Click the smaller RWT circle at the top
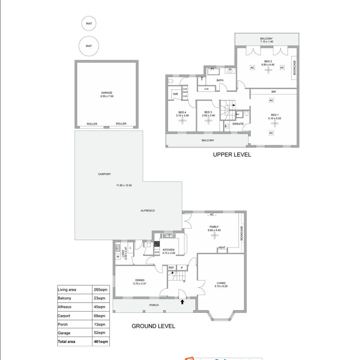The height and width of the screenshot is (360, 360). point(89,24)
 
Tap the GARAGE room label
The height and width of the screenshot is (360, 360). point(106,93)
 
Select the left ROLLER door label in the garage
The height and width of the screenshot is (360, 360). point(92,124)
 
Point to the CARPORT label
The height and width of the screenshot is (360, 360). point(105,174)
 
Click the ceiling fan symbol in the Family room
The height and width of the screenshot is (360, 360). point(214,235)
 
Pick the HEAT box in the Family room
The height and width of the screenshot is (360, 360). point(222,247)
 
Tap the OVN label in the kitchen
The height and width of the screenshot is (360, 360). point(157,252)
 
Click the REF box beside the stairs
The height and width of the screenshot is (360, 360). point(171,268)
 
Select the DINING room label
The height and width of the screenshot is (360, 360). point(140,280)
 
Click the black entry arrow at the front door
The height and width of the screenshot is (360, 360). point(183,301)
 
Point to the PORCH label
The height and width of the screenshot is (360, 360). point(154,305)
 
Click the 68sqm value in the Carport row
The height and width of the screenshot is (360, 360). point(99,316)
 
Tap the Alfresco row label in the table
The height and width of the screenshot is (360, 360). point(64,307)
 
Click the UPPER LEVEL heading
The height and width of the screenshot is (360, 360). point(232,155)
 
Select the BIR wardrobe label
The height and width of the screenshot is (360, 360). point(274,92)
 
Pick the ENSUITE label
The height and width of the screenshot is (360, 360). point(238,124)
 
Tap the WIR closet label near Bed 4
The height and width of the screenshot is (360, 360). point(175,94)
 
